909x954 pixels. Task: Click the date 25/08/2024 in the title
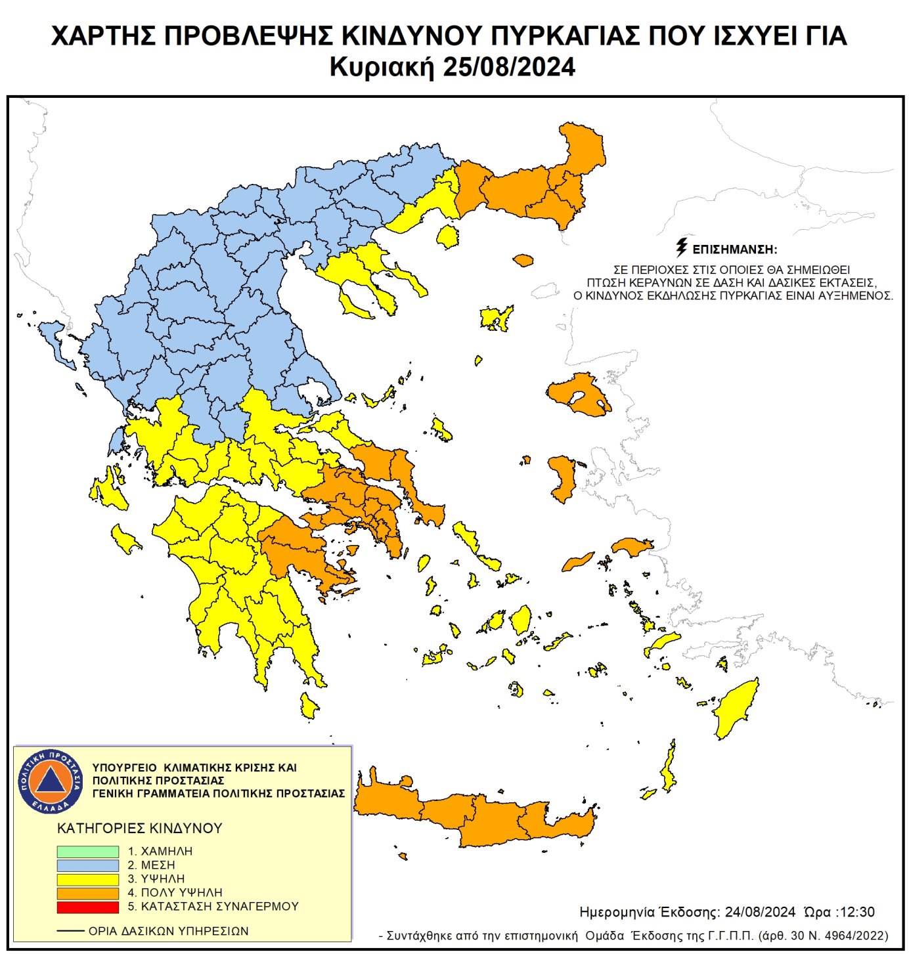click(x=508, y=68)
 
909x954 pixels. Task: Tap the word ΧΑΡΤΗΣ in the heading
click(x=102, y=36)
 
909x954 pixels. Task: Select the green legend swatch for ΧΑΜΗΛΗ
click(x=87, y=852)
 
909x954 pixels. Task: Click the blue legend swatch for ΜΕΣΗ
click(x=87, y=865)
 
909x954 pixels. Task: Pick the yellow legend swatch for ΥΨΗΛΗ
click(x=87, y=879)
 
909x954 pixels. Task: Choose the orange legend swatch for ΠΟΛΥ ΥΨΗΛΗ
click(x=87, y=893)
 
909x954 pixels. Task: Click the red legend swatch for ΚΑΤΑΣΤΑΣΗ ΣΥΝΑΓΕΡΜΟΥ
click(x=87, y=907)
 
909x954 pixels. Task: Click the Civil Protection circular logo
click(x=50, y=781)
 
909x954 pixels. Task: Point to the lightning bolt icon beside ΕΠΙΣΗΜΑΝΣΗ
click(x=682, y=248)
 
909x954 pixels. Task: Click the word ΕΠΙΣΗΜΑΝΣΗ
click(x=735, y=249)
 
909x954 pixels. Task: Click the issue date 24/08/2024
click(x=760, y=912)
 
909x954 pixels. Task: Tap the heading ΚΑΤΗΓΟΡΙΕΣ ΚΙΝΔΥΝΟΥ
click(x=140, y=829)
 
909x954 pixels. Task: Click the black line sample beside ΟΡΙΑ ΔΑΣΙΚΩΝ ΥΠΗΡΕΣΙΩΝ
click(x=70, y=931)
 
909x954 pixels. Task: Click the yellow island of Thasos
click(x=448, y=236)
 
